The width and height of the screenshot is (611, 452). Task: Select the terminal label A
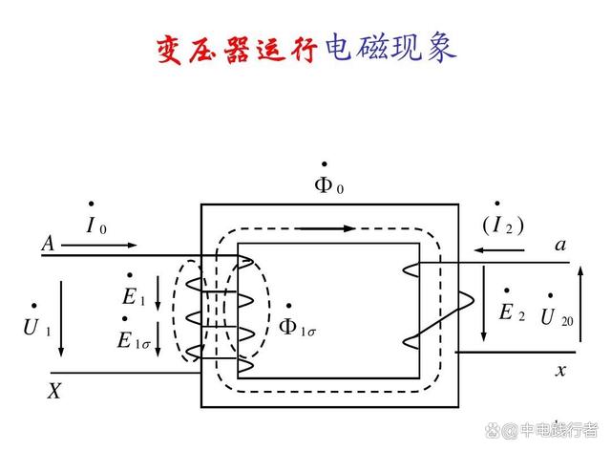[x=48, y=244]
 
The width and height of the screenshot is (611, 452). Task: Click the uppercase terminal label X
[x=54, y=391]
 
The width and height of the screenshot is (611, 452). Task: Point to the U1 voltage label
[x=37, y=321]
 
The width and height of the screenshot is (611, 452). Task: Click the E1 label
[x=134, y=291]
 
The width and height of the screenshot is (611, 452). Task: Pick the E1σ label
[x=134, y=334]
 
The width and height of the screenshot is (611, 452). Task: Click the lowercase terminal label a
[x=560, y=245]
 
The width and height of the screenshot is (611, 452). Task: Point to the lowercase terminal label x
[x=560, y=370]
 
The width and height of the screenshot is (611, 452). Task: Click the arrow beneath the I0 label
[x=99, y=246]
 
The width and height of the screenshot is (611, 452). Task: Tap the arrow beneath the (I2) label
[x=498, y=250]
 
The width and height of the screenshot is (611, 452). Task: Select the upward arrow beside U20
[x=580, y=304]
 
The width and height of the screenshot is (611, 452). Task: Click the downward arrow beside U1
[x=61, y=318]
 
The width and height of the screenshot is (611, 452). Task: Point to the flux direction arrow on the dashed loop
[x=326, y=228]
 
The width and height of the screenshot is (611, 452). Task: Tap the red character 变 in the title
[x=169, y=50]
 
